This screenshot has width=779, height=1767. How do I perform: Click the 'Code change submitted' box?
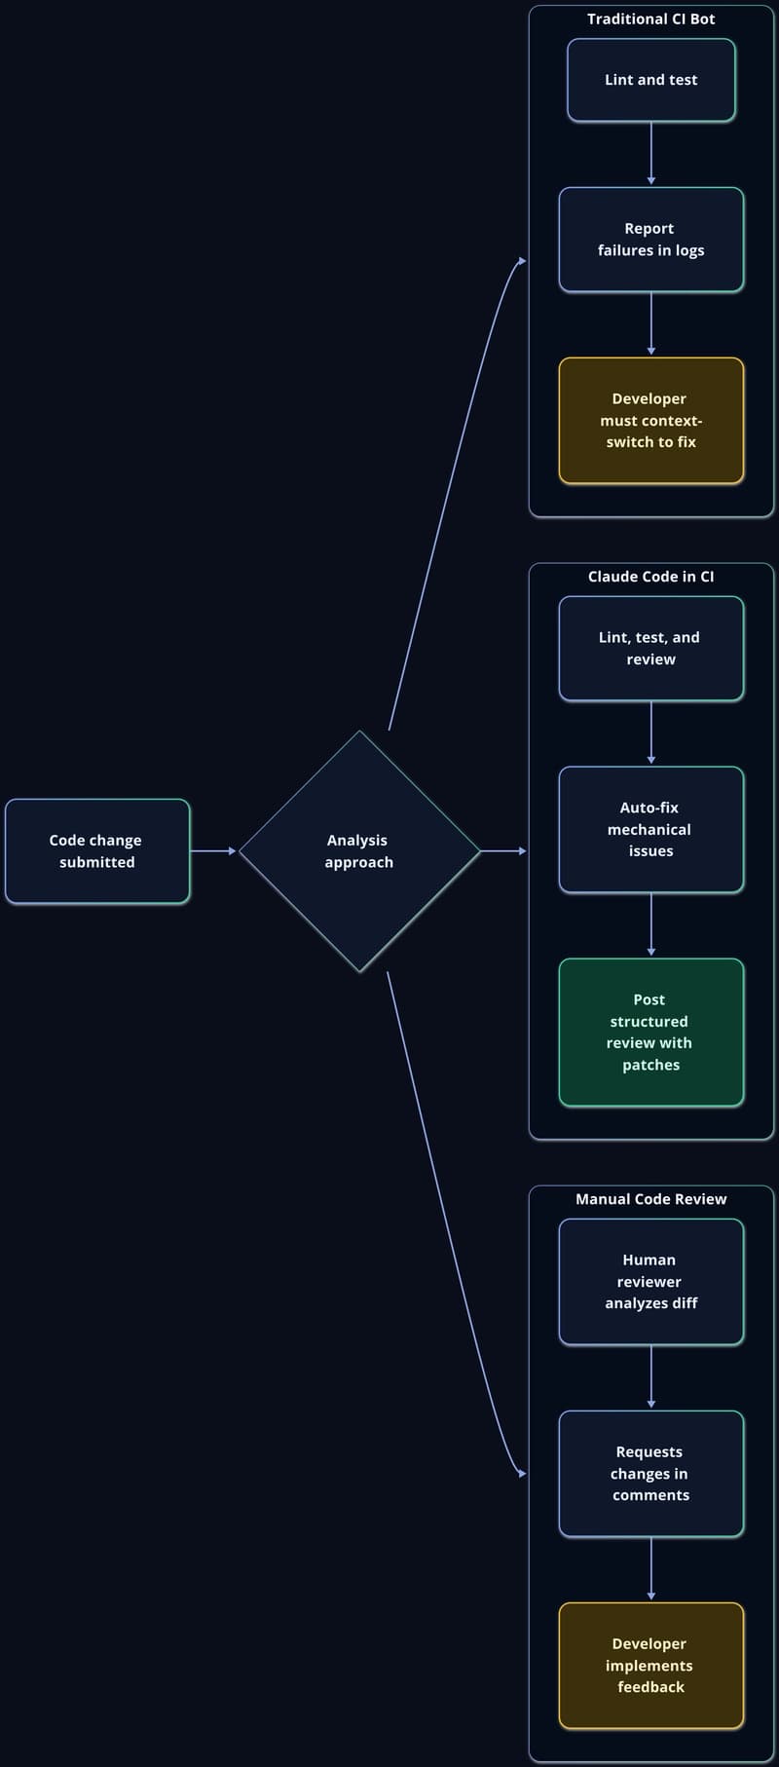pos(97,851)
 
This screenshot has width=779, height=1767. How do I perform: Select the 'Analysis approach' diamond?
pos(359,851)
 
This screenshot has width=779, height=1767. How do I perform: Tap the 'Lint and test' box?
pos(651,80)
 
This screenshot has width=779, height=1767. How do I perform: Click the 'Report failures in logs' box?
pos(651,240)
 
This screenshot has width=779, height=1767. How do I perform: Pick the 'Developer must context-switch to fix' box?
pos(651,421)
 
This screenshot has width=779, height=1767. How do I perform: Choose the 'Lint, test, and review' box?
pos(651,649)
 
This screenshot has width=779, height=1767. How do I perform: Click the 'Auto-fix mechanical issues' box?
pos(651,830)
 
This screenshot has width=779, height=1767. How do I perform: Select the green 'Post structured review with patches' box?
pos(651,1033)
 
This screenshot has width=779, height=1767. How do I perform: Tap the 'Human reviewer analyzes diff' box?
pos(651,1282)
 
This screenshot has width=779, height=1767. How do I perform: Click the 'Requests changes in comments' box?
pos(651,1474)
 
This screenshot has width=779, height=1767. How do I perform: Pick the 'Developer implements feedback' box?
pos(651,1666)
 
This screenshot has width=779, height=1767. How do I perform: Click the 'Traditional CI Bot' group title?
pos(651,19)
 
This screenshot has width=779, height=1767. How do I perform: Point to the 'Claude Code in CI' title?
pos(651,577)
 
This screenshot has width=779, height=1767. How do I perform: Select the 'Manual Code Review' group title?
pos(651,1199)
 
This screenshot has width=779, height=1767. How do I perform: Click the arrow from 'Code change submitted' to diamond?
pos(213,851)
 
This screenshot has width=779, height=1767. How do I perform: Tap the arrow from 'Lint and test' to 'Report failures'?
pos(651,154)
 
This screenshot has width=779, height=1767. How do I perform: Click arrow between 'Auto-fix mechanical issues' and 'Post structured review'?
pos(651,924)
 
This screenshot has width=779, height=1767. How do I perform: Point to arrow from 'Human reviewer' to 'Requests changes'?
pos(651,1376)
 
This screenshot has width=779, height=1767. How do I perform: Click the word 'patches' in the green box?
pos(651,1065)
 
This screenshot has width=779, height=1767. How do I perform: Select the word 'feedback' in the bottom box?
pos(651,1687)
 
